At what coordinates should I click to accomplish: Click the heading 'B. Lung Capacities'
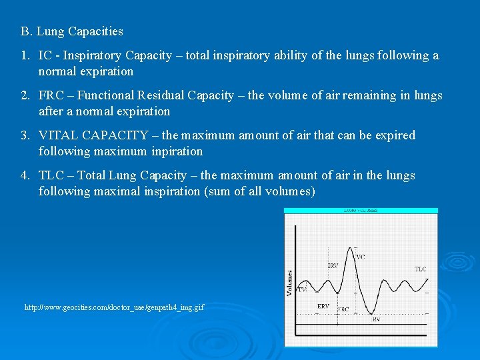pyautogui.click(x=71, y=31)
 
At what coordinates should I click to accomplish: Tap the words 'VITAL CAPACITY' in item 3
pyautogui.click(x=93, y=135)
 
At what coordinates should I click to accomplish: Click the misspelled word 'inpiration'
pyautogui.click(x=176, y=151)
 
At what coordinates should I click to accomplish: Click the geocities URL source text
pyautogui.click(x=114, y=307)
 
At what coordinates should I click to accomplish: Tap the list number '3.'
pyautogui.click(x=25, y=135)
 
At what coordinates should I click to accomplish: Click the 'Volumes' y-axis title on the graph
pyautogui.click(x=290, y=283)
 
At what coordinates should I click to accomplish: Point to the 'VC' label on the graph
pyautogui.click(x=361, y=257)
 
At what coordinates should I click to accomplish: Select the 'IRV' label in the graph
pyautogui.click(x=333, y=265)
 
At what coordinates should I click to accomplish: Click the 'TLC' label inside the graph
pyautogui.click(x=421, y=269)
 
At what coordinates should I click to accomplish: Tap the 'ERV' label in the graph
pyautogui.click(x=323, y=306)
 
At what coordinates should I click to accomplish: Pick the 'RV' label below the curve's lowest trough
pyautogui.click(x=377, y=319)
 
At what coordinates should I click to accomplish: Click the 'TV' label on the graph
pyautogui.click(x=302, y=289)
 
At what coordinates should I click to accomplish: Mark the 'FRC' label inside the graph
pyautogui.click(x=343, y=309)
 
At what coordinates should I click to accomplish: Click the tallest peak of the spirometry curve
pyautogui.click(x=353, y=249)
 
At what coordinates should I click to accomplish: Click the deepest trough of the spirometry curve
pyautogui.click(x=375, y=313)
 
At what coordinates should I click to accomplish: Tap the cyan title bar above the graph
pyautogui.click(x=361, y=211)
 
